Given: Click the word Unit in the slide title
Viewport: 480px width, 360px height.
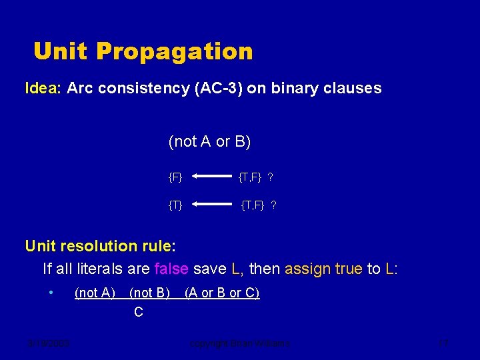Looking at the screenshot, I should click(60, 51).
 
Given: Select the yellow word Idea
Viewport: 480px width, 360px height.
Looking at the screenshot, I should click(43, 88).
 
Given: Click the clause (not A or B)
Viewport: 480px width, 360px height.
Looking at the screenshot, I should click(209, 141).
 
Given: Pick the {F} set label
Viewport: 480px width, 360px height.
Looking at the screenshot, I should click(175, 177).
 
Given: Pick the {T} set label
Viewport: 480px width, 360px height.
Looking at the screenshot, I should click(175, 205).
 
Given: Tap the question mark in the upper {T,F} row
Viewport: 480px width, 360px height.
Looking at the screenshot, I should click(270, 177).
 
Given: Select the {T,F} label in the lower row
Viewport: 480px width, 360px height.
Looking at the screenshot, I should click(253, 205).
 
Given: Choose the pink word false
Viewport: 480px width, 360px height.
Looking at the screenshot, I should click(171, 269).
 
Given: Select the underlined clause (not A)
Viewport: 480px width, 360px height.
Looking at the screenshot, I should click(95, 293).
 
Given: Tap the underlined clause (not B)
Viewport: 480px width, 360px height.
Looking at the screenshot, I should click(149, 293).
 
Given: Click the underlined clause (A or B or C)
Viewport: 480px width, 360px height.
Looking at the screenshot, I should click(221, 293).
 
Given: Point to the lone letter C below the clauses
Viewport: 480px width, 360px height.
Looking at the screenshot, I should click(138, 312).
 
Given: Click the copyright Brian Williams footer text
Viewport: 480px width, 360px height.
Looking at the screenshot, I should click(240, 343).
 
